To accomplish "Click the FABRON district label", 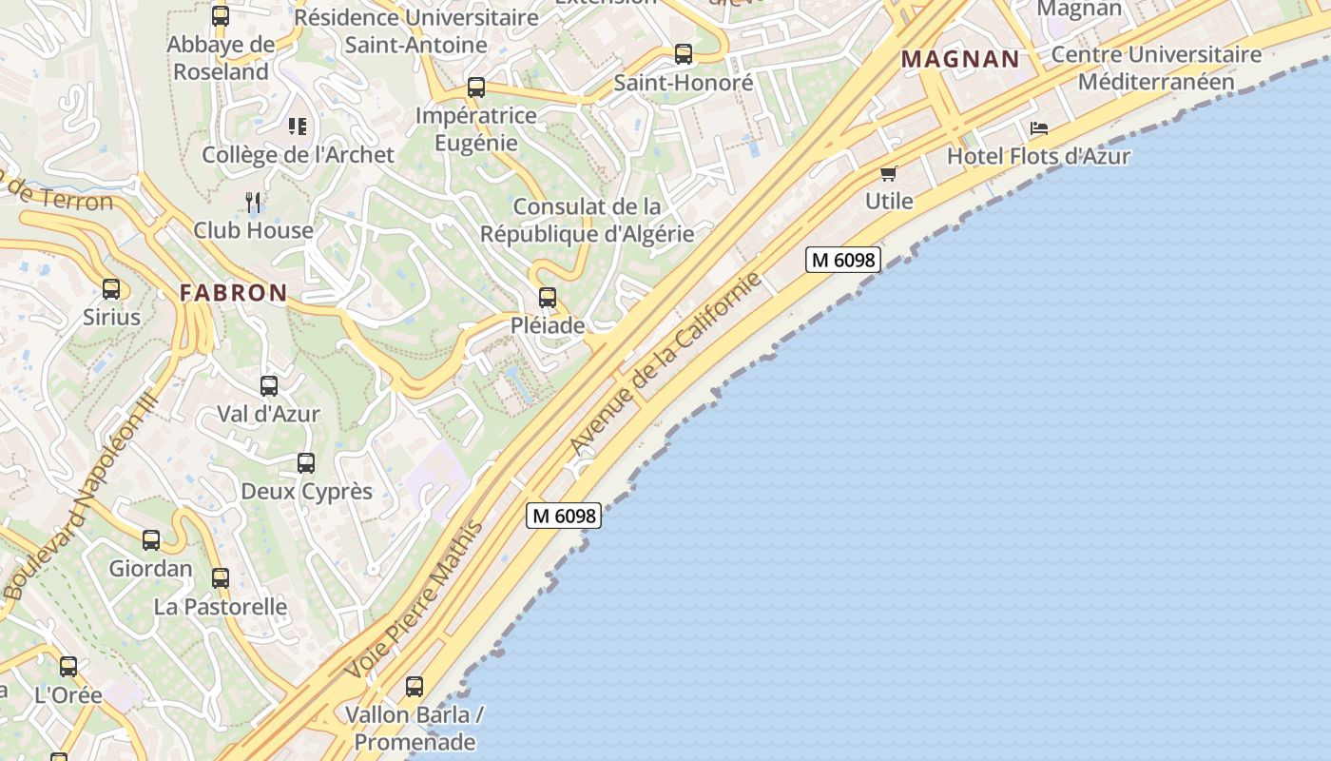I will pyautogui.click(x=233, y=293).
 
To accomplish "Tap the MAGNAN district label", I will pyautogui.click(x=960, y=59).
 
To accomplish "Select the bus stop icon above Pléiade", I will pyautogui.click(x=548, y=298).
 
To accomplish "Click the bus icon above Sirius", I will pyautogui.click(x=111, y=289).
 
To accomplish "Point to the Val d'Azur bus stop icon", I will pyautogui.click(x=269, y=386).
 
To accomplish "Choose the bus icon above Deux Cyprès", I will pyautogui.click(x=306, y=463).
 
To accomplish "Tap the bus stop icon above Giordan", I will pyautogui.click(x=151, y=540).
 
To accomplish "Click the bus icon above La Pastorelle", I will pyautogui.click(x=221, y=578).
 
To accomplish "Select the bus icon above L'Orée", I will pyautogui.click(x=68, y=667).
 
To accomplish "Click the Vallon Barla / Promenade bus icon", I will pyautogui.click(x=415, y=686).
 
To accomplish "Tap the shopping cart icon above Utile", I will pyautogui.click(x=889, y=173).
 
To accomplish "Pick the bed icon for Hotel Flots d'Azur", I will pyautogui.click(x=1039, y=128).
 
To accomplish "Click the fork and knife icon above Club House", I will pyautogui.click(x=253, y=202).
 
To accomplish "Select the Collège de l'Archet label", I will pyautogui.click(x=298, y=154).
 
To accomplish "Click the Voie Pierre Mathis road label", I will pyautogui.click(x=415, y=599).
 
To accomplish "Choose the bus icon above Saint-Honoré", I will pyautogui.click(x=684, y=54).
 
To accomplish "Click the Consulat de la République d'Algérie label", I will pyautogui.click(x=587, y=220).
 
